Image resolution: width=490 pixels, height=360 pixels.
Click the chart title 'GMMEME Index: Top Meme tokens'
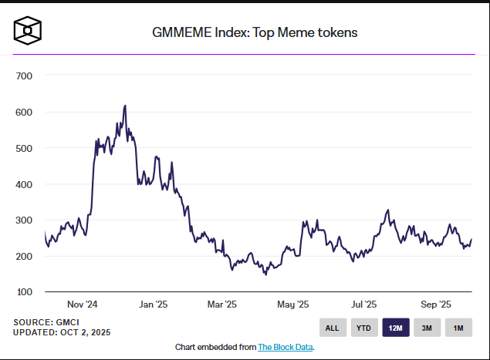click(255, 32)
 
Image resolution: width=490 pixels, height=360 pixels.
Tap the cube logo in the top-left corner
click(28, 30)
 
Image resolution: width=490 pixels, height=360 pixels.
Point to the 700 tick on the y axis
click(23, 76)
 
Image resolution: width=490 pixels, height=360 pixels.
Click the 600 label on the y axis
click(23, 112)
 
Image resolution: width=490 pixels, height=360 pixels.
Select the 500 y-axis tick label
click(23, 148)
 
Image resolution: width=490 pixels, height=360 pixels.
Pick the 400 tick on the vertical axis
click(23, 184)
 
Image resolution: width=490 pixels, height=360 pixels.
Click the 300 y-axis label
click(23, 220)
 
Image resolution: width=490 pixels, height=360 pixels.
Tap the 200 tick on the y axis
click(23, 256)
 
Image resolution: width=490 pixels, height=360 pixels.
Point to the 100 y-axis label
click(23, 292)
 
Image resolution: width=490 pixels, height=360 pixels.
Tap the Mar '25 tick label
click(221, 305)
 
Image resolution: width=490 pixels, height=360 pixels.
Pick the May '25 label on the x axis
click(292, 305)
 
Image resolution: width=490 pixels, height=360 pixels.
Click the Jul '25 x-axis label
click(364, 305)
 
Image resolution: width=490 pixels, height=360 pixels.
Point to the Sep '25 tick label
click(436, 305)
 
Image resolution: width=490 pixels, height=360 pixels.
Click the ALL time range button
click(332, 328)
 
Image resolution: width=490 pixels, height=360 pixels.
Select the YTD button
click(363, 328)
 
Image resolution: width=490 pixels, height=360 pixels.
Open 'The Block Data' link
click(285, 347)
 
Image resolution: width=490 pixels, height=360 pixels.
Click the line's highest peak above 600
click(125, 106)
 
